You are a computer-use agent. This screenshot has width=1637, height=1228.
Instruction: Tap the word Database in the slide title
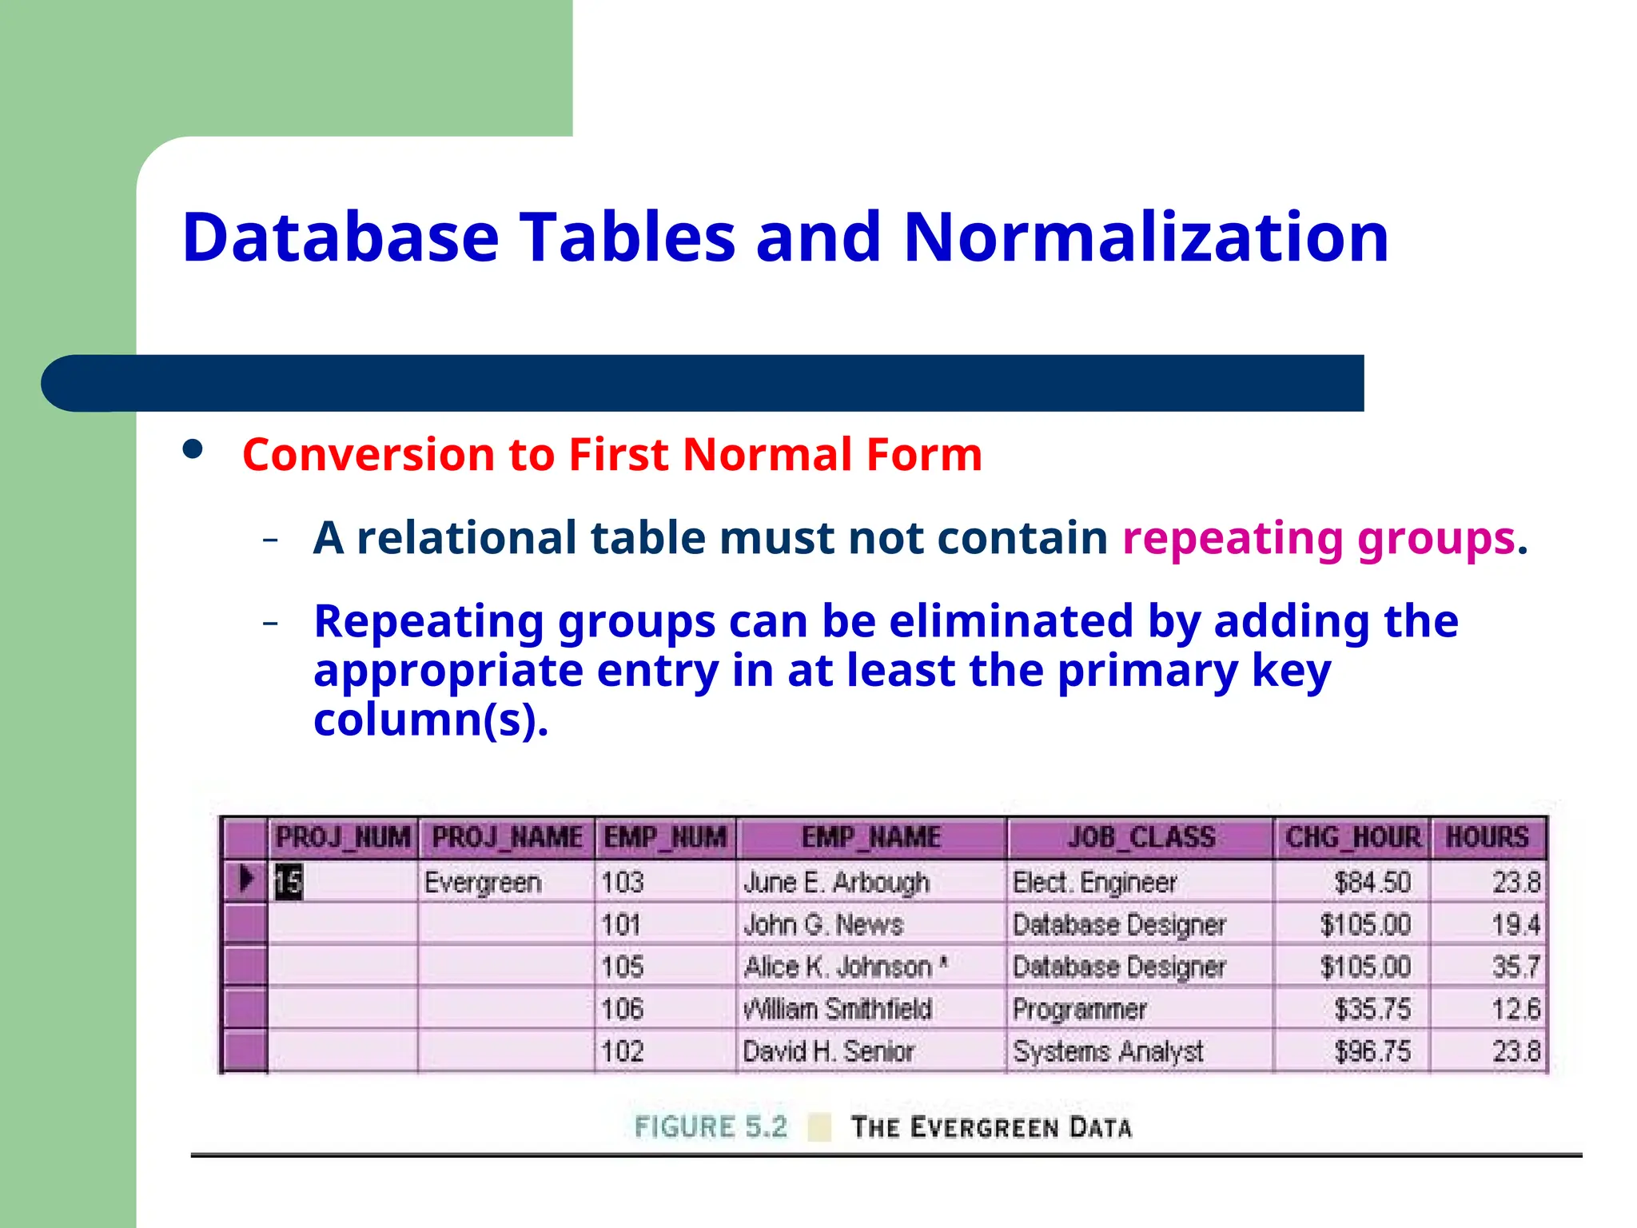click(x=341, y=237)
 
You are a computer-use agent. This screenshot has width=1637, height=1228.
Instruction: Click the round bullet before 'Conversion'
click(x=193, y=449)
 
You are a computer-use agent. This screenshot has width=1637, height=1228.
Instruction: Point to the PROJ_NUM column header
click(x=342, y=838)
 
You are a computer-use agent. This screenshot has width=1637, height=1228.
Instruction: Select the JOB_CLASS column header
click(x=1141, y=838)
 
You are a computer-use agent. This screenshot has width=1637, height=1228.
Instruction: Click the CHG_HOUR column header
click(x=1352, y=838)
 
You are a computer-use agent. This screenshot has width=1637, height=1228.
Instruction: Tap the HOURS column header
click(x=1487, y=838)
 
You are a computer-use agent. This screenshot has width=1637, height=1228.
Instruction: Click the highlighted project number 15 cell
click(x=289, y=882)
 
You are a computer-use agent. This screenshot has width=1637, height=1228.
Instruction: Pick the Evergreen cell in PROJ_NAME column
click(x=483, y=883)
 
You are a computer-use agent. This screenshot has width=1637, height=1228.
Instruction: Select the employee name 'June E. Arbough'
click(x=836, y=883)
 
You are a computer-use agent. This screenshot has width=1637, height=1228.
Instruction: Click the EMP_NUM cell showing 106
click(x=622, y=1009)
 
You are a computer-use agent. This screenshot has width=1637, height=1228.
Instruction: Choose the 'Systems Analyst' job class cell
click(x=1108, y=1051)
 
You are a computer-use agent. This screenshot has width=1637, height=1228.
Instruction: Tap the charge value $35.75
click(x=1372, y=1009)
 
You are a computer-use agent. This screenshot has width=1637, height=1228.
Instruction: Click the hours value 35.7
click(x=1516, y=967)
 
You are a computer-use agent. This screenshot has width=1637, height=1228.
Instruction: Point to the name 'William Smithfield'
click(x=837, y=1009)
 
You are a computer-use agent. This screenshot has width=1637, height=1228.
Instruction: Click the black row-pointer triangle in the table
click(x=246, y=879)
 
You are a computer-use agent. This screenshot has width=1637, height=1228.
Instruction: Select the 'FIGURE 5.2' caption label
click(x=711, y=1127)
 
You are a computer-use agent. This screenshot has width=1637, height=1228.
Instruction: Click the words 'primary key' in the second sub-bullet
click(x=1194, y=670)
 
